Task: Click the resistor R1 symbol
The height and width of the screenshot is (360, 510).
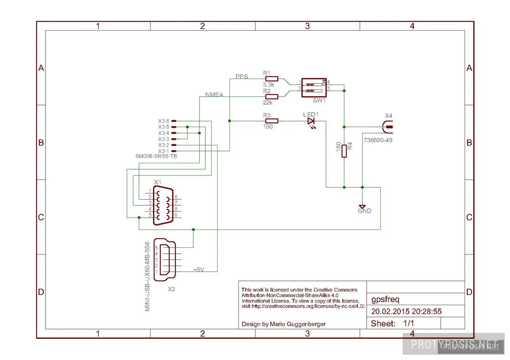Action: click(x=271, y=79)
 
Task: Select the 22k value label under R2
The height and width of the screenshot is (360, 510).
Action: click(x=267, y=102)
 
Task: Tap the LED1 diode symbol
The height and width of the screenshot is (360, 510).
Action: click(x=311, y=121)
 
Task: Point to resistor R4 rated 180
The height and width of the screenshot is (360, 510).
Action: click(x=344, y=151)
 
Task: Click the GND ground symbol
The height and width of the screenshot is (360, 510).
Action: click(x=362, y=206)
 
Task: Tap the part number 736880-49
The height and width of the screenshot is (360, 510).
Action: click(x=378, y=139)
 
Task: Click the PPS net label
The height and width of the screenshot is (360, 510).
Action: click(x=242, y=76)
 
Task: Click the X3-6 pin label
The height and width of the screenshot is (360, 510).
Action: click(x=164, y=121)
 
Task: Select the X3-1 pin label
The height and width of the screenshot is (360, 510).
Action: click(x=164, y=151)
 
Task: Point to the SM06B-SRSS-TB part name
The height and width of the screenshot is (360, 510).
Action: click(x=156, y=157)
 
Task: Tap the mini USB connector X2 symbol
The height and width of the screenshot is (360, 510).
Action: click(x=167, y=259)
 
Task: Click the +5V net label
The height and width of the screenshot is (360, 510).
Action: click(x=199, y=270)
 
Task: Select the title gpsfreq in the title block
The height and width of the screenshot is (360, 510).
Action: click(x=385, y=299)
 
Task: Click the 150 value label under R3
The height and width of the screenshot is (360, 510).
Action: click(x=268, y=127)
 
